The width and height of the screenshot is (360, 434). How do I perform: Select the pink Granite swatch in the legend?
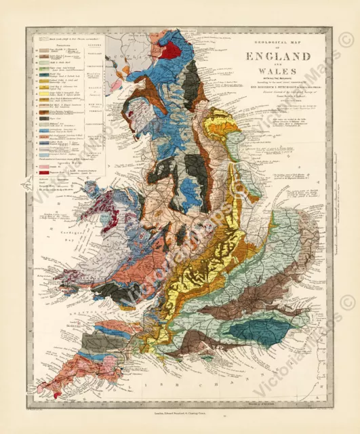(43, 186)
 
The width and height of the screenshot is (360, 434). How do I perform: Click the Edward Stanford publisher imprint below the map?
(178, 412)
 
